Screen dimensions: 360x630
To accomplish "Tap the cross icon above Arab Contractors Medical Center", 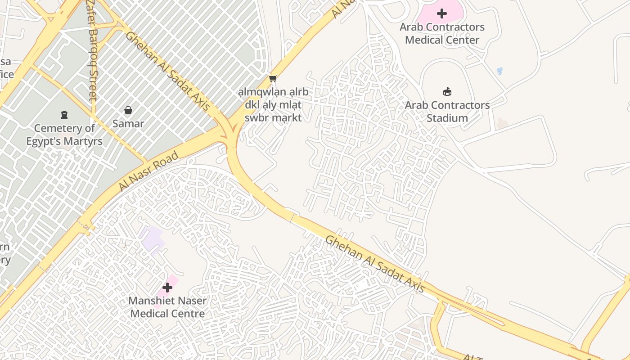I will point(442,13).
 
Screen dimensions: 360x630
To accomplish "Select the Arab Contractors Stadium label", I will point(447,112).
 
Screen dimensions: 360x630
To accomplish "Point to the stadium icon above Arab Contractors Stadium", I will point(447,92).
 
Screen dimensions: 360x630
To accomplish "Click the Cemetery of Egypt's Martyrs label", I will point(64,135).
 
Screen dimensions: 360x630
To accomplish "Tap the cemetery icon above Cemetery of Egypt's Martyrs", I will point(64,115).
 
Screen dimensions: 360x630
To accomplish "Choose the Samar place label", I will point(128,124).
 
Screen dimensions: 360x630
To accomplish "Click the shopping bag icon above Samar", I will point(128,110).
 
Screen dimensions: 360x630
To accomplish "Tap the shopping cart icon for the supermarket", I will point(273,79).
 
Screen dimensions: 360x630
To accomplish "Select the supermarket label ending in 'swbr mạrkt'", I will point(273,105).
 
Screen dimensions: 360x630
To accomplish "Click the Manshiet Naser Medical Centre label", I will point(167,307).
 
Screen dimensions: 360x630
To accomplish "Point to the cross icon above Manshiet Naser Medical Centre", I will point(167,287).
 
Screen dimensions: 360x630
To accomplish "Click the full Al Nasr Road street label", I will point(148,171).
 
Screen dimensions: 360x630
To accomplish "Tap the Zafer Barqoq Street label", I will point(93,49).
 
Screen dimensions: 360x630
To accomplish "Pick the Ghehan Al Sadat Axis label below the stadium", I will point(375,264).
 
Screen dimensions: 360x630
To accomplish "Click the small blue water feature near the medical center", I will point(499,71).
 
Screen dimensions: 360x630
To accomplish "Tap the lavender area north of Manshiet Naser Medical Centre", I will point(150,238).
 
